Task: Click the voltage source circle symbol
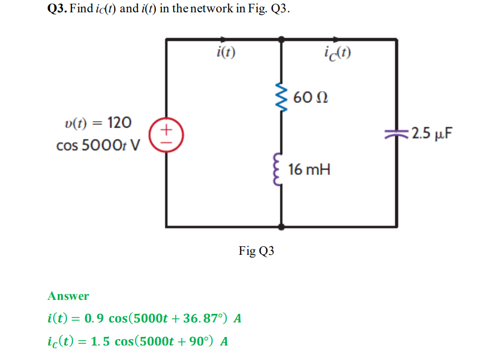[166, 134]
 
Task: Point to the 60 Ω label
[311, 98]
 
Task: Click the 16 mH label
[309, 170]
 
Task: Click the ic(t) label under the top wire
[338, 53]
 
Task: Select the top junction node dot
[282, 39]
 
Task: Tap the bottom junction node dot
[282, 226]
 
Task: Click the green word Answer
[68, 296]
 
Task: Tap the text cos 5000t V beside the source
[97, 145]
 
